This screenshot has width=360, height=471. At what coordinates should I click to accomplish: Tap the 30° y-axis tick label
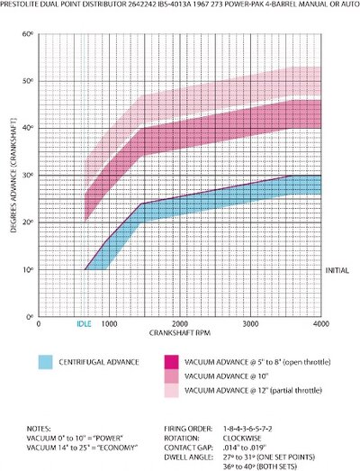click(x=30, y=175)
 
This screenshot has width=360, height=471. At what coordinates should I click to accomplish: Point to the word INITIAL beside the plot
click(x=337, y=270)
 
